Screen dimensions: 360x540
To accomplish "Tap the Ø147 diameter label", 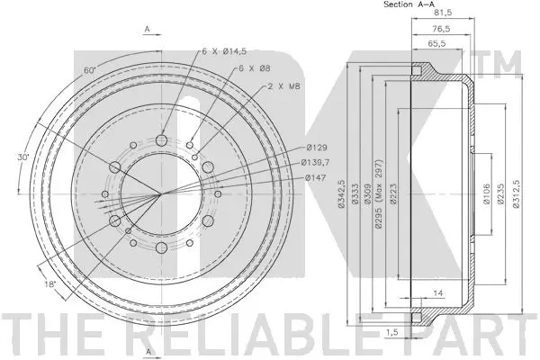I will coord(314,177).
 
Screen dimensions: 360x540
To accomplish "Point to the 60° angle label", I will coord(63,68).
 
